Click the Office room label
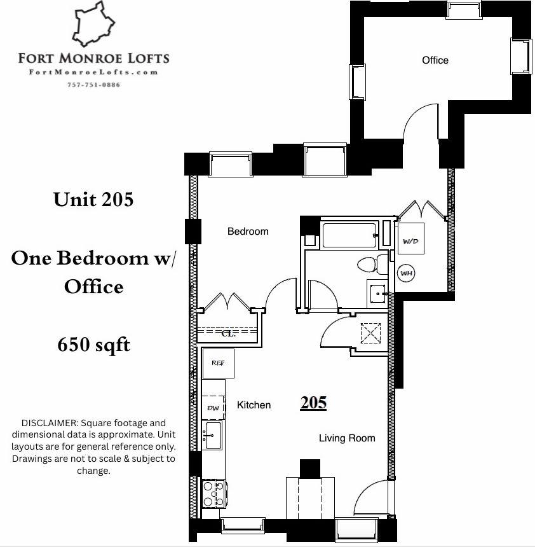[435, 60]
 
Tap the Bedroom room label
[248, 232]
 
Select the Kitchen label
[254, 405]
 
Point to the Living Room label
[347, 438]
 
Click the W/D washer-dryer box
[411, 239]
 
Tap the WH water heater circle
[407, 273]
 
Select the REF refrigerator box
[218, 363]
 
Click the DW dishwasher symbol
[213, 408]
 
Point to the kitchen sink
[213, 435]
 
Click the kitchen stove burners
[214, 494]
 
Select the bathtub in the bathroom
[349, 235]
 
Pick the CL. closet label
[228, 333]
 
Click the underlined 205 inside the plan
[313, 403]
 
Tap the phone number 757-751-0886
[94, 85]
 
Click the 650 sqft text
[94, 345]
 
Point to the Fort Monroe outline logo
[93, 24]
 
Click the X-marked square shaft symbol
[370, 333]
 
